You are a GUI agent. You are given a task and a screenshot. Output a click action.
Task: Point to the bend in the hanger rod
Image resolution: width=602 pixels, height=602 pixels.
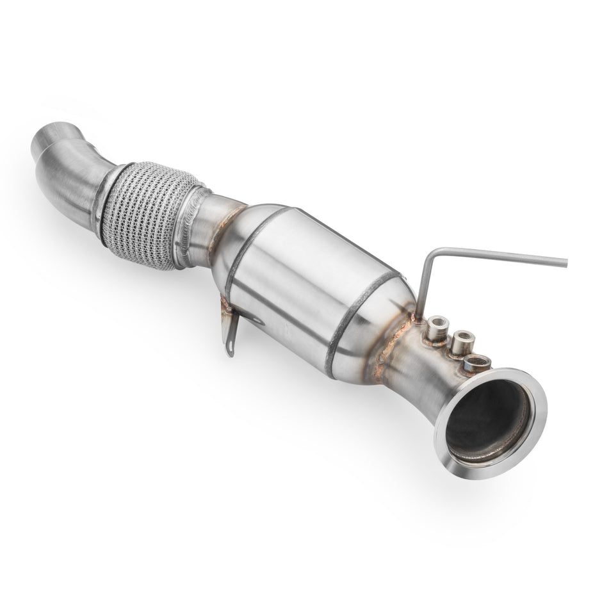tap(434, 250)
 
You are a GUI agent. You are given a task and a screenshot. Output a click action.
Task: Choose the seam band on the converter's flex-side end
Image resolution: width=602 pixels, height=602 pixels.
tap(247, 243)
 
